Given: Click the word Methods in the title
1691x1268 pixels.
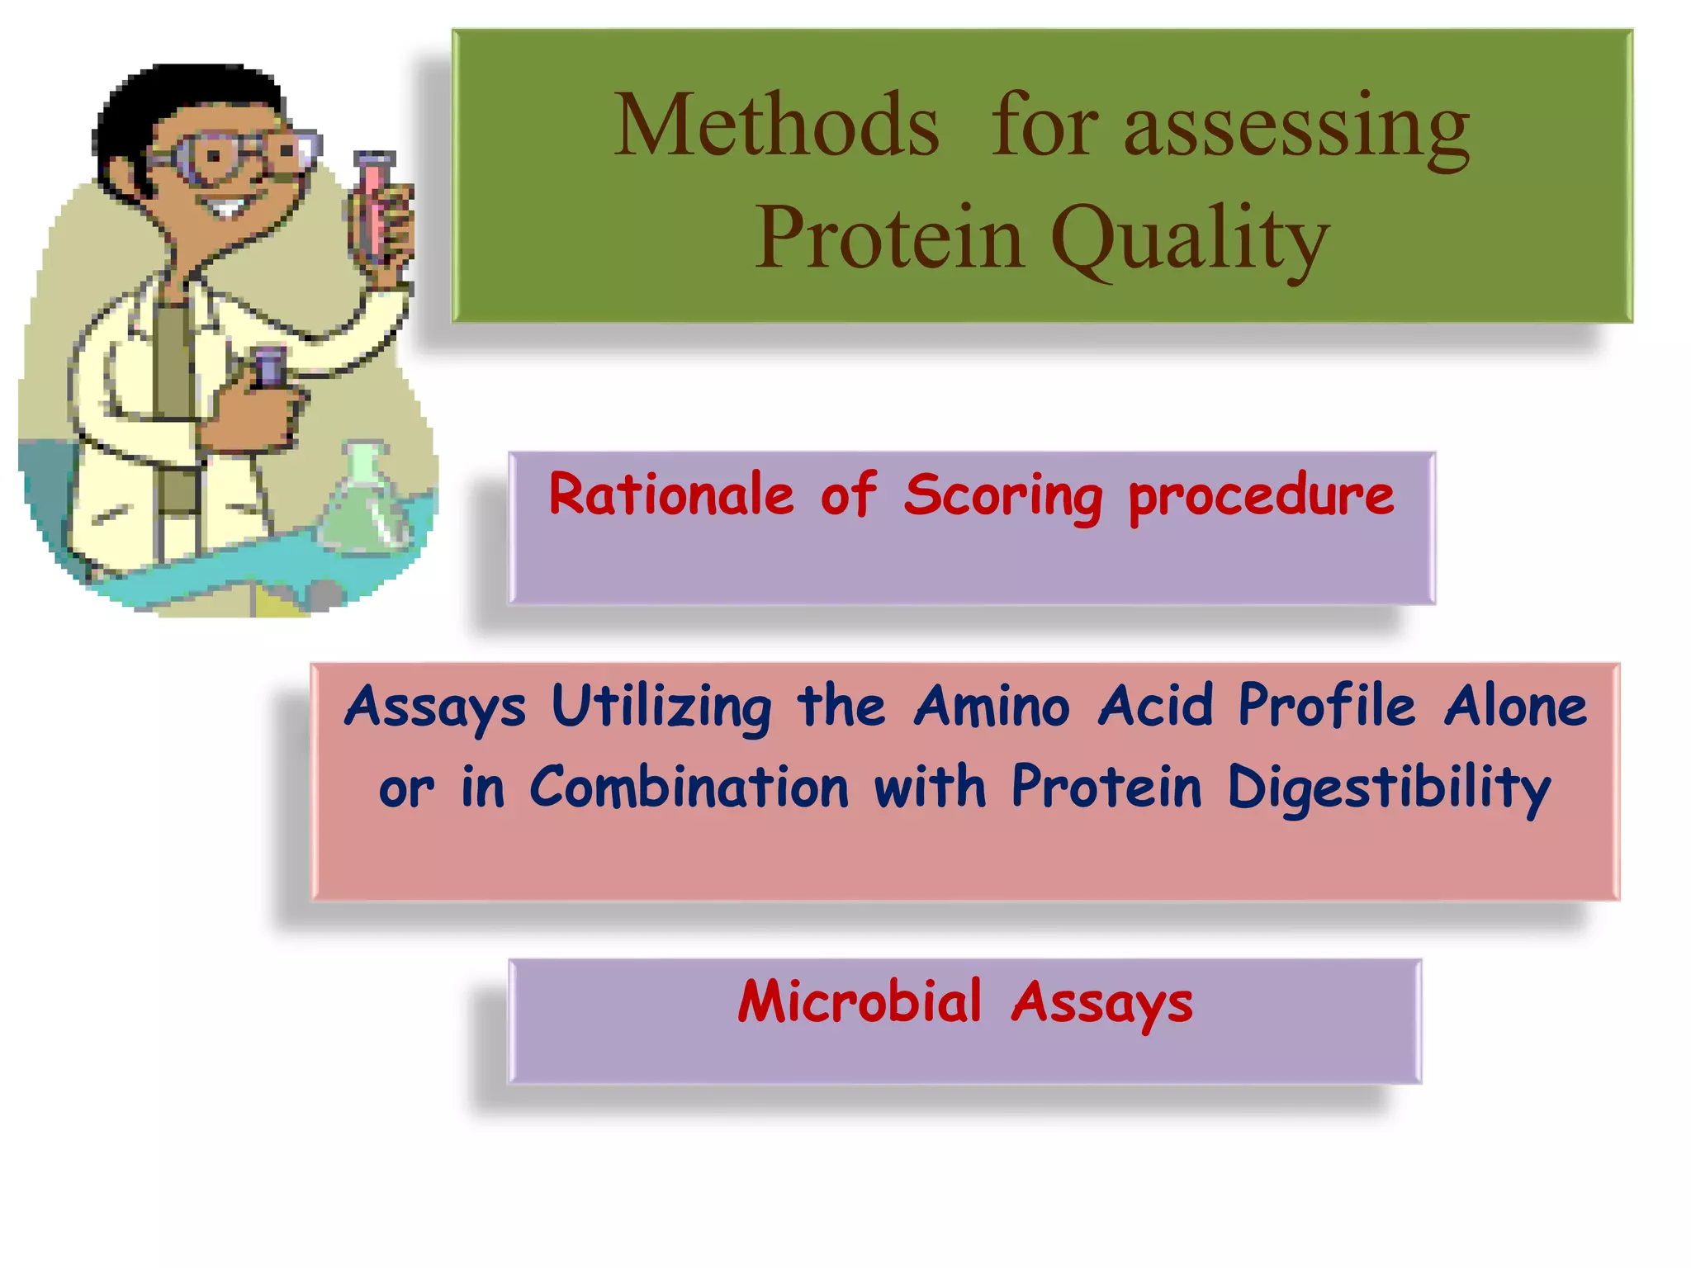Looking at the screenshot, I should click(776, 125).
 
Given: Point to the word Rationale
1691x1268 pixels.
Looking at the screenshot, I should click(670, 495).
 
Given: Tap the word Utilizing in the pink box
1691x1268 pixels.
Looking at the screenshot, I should click(661, 708).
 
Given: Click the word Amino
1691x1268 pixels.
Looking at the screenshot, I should click(991, 707).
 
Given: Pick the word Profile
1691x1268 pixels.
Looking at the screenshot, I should click(1326, 708).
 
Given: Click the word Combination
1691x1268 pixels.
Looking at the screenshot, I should click(689, 788).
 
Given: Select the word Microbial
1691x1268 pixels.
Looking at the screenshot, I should click(860, 1001).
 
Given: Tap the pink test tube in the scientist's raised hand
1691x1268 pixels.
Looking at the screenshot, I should click(373, 206).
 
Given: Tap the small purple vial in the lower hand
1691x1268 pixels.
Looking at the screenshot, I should click(269, 368).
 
